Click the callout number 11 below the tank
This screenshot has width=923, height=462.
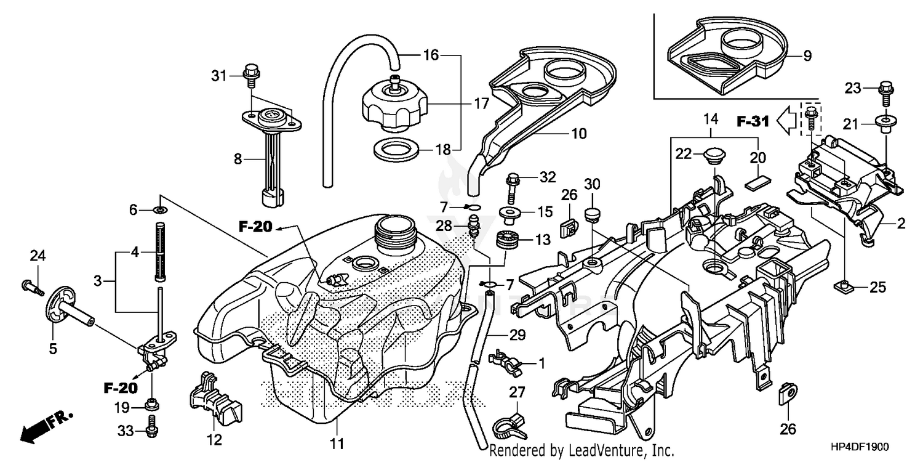(x=337, y=442)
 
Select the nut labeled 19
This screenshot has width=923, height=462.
(x=150, y=405)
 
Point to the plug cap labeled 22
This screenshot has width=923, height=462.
(x=713, y=155)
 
